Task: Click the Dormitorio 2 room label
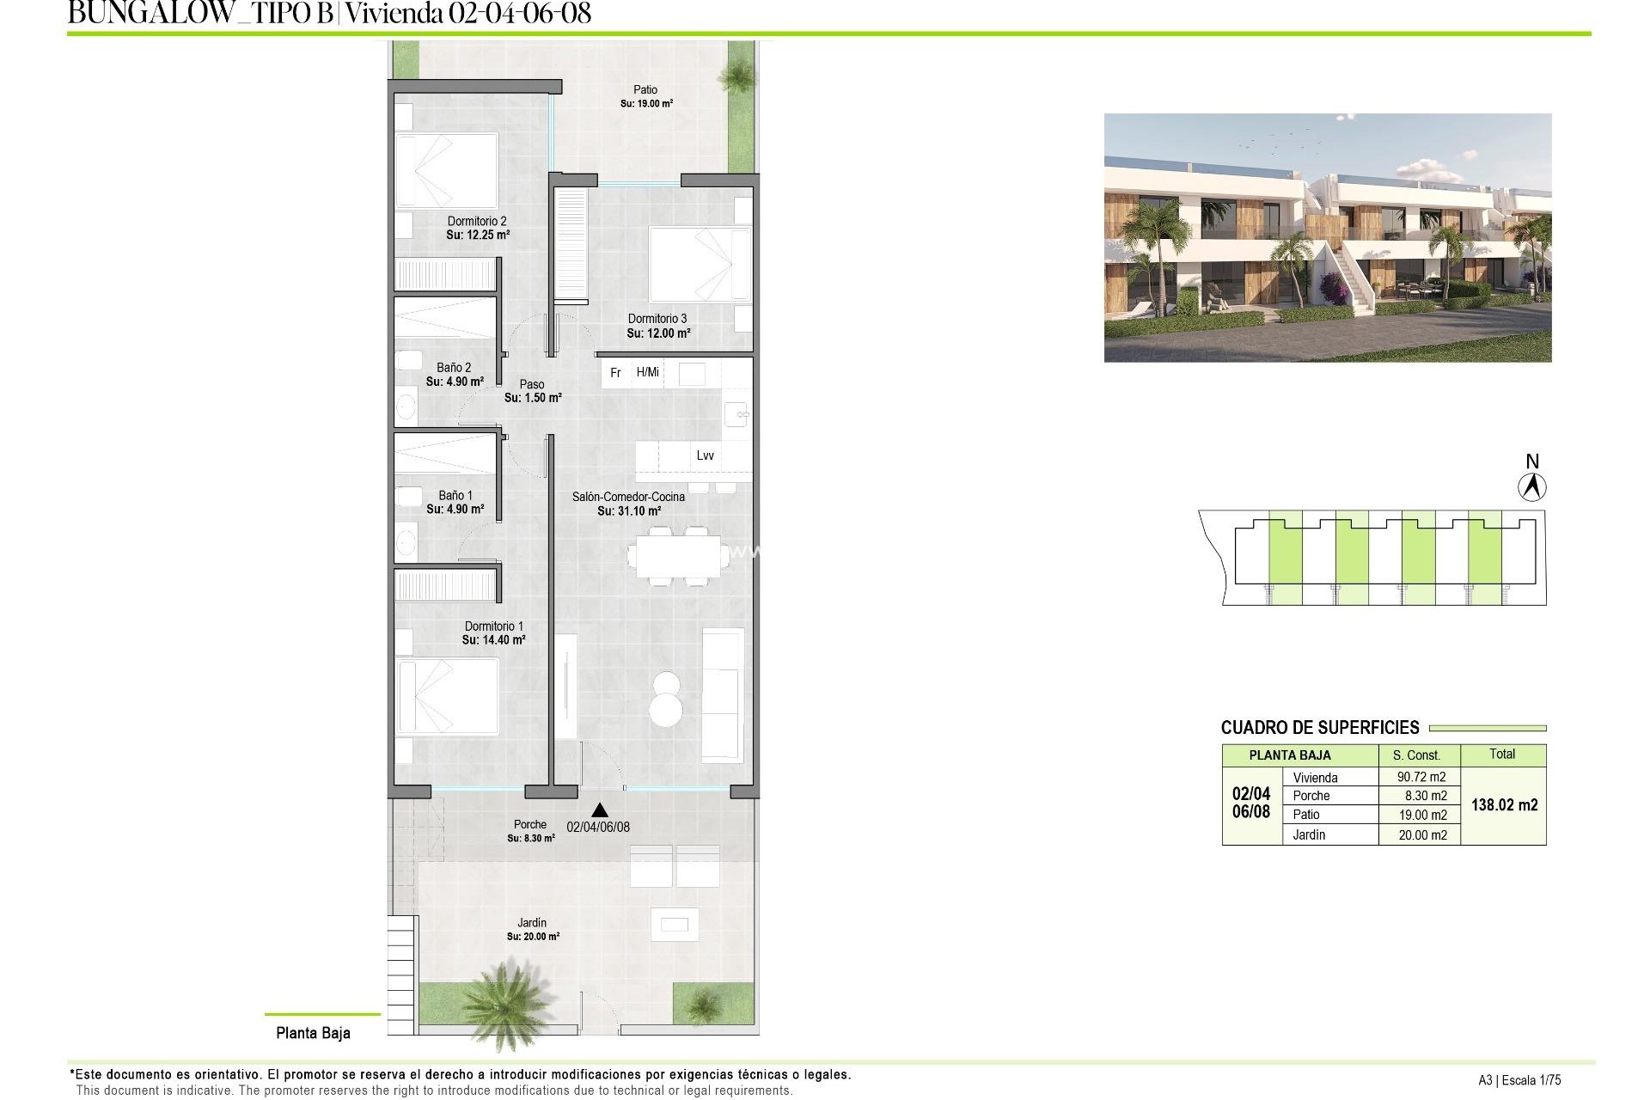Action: (x=477, y=221)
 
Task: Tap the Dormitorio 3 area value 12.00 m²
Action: (x=658, y=333)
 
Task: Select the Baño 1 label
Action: (x=455, y=495)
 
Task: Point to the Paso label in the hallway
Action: (x=532, y=384)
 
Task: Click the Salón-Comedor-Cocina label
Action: (x=628, y=497)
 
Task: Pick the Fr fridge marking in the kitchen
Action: (x=615, y=373)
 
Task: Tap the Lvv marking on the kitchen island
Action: (x=705, y=455)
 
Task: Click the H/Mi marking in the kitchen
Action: (x=648, y=372)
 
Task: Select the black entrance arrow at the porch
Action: (x=600, y=810)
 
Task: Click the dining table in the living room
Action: (x=675, y=555)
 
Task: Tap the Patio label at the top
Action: (x=645, y=89)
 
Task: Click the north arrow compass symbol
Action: (x=1531, y=487)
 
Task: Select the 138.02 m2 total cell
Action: (x=1504, y=805)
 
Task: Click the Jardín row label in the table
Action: (x=1309, y=834)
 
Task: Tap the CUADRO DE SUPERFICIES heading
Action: (x=1320, y=728)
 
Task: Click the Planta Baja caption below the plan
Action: (x=313, y=1033)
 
